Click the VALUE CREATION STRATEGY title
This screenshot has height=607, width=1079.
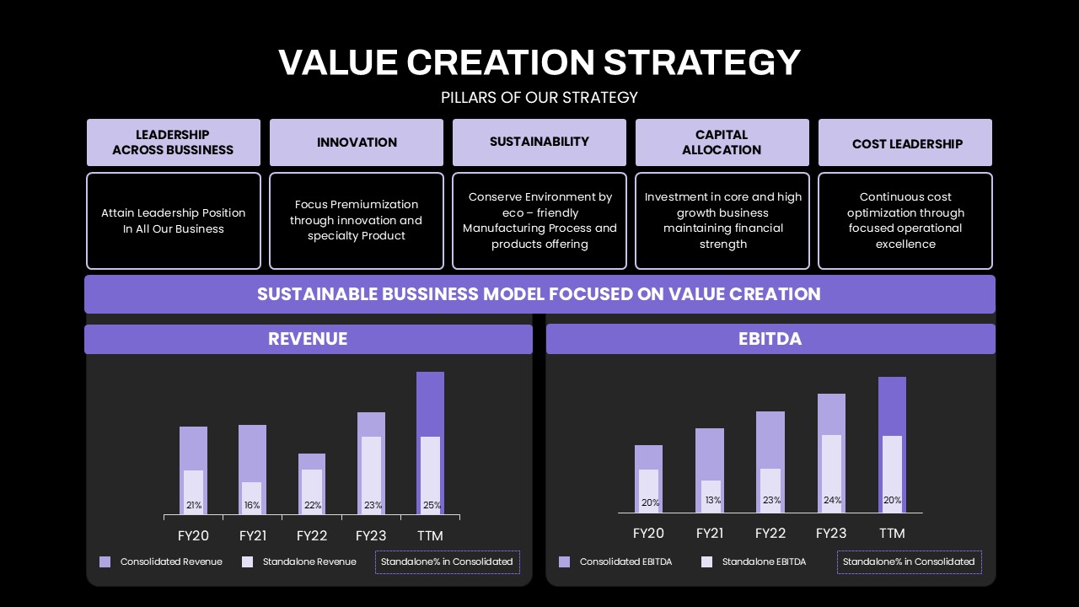(x=539, y=62)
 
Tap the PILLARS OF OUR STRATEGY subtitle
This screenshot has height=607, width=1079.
(x=539, y=98)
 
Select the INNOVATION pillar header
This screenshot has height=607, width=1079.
(x=357, y=142)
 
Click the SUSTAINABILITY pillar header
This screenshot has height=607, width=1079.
(x=539, y=142)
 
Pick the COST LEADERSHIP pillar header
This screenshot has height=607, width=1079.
(x=905, y=142)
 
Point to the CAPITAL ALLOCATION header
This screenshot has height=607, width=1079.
(x=722, y=142)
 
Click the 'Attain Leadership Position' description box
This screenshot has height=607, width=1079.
(x=174, y=221)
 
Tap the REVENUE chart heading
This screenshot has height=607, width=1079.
(x=309, y=339)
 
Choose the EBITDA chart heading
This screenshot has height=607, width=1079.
(x=770, y=339)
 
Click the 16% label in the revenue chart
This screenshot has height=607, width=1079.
(x=252, y=505)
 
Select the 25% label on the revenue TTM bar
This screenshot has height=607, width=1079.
(x=432, y=505)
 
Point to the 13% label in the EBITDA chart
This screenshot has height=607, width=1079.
(x=713, y=500)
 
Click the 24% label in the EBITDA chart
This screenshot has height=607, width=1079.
(x=832, y=500)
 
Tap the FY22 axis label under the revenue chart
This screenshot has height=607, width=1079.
(x=312, y=535)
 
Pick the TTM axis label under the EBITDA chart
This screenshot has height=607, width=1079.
(x=892, y=534)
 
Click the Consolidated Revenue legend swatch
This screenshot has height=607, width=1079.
(x=105, y=561)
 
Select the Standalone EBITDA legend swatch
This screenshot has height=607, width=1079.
(x=706, y=561)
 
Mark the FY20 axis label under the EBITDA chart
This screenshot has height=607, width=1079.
(x=648, y=534)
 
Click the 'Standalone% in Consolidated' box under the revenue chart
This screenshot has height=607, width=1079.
(x=448, y=562)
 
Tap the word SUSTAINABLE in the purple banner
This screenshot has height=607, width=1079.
(x=317, y=294)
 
